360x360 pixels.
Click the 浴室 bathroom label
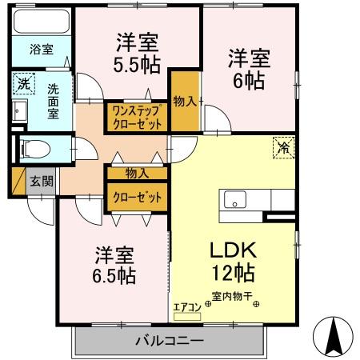(x=42, y=49)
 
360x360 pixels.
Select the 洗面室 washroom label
(x=54, y=101)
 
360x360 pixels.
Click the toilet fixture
(x=37, y=148)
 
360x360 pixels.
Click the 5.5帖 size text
(x=137, y=66)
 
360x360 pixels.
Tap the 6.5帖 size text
(x=112, y=276)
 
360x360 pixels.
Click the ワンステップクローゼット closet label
(x=137, y=117)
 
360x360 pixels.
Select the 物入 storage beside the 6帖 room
(x=186, y=102)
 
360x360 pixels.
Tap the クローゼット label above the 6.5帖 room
(x=137, y=197)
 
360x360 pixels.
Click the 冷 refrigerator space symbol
(x=282, y=147)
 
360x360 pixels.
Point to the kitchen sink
(x=235, y=200)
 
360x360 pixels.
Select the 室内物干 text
(x=231, y=302)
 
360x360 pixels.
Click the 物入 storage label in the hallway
(x=137, y=172)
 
